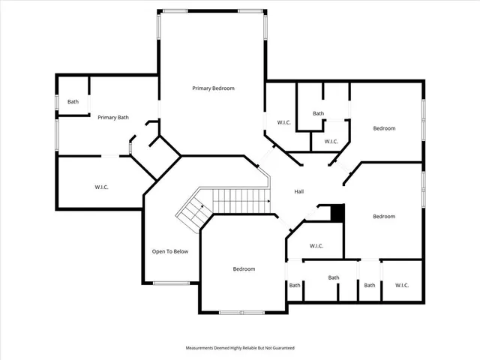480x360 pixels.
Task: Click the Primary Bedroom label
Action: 213,88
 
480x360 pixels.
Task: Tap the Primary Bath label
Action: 113,117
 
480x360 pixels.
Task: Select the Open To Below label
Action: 170,251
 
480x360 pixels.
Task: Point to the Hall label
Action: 298,192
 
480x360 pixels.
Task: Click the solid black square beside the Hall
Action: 337,213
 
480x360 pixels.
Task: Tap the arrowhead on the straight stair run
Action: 268,200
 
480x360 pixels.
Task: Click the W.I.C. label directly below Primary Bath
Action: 101,187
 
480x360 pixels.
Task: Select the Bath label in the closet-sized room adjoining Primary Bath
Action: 73,102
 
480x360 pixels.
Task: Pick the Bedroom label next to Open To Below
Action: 244,269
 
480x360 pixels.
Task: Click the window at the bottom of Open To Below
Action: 171,283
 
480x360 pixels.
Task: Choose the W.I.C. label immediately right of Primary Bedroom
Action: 283,122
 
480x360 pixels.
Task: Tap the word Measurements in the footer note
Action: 202,348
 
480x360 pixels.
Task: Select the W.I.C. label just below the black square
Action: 316,245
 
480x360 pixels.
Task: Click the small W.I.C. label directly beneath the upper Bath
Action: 331,141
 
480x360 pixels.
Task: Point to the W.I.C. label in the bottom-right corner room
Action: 401,285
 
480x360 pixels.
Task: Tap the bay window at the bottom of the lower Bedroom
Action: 241,312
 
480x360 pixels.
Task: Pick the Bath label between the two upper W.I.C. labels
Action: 319,114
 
